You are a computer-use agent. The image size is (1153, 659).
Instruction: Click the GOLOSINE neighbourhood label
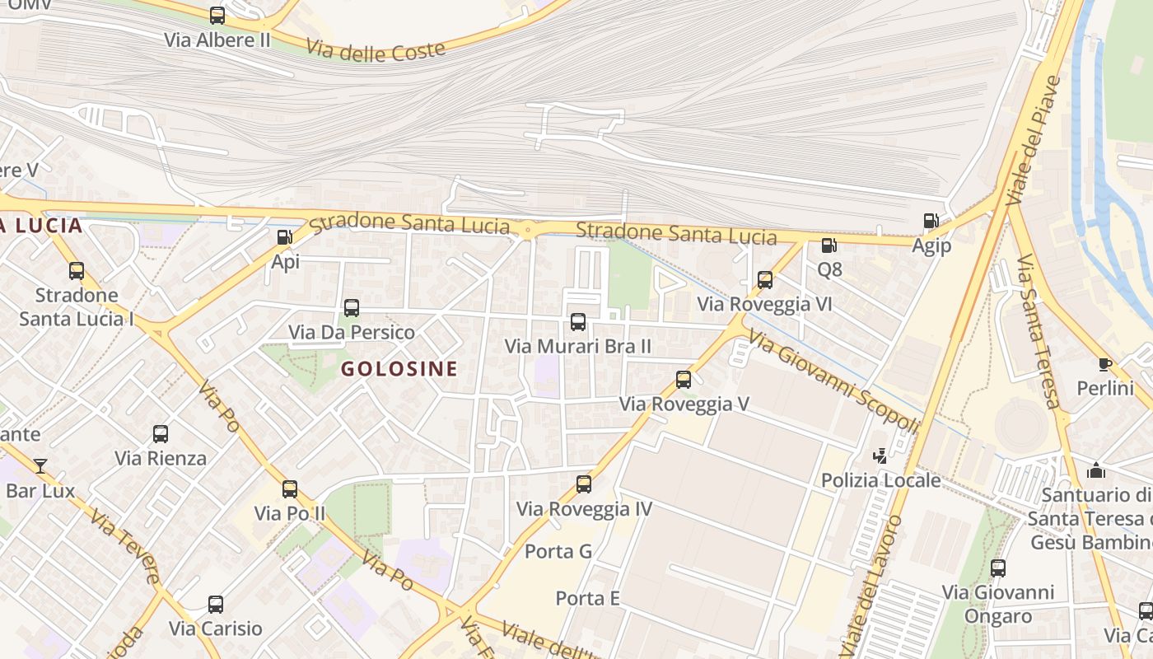399,368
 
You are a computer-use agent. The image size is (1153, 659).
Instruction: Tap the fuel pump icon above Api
284,237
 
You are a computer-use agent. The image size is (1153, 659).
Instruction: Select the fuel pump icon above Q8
829,245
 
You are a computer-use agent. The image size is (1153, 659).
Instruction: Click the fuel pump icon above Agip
931,221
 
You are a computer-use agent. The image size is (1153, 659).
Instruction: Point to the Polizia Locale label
880,479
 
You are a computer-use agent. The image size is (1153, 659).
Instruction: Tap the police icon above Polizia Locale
880,456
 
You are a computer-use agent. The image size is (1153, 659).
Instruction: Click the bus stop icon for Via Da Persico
352,308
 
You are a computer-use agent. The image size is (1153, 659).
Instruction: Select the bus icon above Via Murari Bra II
578,322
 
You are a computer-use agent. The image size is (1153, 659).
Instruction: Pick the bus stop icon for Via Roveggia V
684,380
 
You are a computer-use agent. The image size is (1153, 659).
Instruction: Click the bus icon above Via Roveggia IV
584,484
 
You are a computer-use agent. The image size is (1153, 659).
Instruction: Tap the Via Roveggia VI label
764,304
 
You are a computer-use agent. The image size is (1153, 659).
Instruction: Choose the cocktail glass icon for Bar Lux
40,466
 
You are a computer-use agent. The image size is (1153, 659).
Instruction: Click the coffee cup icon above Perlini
1104,364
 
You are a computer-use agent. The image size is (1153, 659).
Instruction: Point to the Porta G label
558,551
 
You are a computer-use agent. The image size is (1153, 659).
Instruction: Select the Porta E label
587,598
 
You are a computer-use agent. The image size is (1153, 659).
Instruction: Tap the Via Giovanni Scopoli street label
833,381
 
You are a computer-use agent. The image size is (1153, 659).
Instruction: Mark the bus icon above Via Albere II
217,15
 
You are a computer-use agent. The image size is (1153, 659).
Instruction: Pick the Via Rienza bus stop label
161,458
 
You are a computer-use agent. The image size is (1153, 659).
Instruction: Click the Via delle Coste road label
376,49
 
